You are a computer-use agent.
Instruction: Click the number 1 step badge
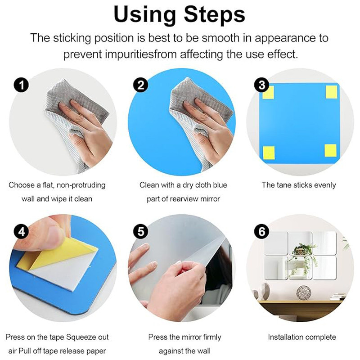(x=21, y=85)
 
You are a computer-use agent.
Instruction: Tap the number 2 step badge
(x=141, y=85)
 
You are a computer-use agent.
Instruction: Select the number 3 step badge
(x=262, y=85)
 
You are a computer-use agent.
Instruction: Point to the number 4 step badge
(x=21, y=231)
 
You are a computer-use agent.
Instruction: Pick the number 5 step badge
(x=141, y=231)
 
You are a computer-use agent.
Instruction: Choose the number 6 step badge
(x=262, y=231)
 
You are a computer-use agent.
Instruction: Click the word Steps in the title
(x=215, y=14)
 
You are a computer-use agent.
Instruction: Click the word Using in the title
(x=144, y=14)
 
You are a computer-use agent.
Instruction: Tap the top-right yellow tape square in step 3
(x=331, y=92)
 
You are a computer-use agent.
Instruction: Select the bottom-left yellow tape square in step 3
(x=269, y=153)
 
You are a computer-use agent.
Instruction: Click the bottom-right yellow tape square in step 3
(x=331, y=150)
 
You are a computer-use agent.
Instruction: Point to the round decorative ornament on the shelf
(x=303, y=292)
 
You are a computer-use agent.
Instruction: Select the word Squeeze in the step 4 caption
(x=81, y=337)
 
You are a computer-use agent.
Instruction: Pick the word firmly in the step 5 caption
(x=209, y=337)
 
